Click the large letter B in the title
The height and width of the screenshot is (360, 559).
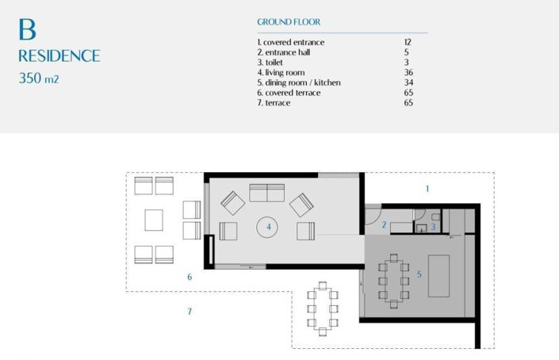[27, 29]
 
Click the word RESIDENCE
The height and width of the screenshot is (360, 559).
[59, 56]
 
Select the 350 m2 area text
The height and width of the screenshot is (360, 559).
[40, 79]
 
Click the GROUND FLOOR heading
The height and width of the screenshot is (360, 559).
[289, 23]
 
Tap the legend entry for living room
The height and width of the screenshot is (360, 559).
[280, 72]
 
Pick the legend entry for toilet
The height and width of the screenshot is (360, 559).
[271, 62]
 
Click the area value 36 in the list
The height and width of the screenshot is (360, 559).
[408, 72]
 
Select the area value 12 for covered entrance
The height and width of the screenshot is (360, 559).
[408, 42]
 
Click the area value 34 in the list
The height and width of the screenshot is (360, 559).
[408, 82]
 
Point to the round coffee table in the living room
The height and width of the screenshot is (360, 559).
[267, 228]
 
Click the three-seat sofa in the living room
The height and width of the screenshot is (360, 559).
[267, 192]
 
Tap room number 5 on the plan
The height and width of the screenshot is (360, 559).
[419, 275]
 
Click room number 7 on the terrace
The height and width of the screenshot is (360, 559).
[190, 312]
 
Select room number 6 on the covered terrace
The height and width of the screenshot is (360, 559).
[190, 277]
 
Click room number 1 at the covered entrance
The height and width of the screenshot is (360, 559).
[427, 189]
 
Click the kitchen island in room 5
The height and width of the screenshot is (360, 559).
[439, 275]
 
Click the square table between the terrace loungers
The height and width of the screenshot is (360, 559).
[154, 220]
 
